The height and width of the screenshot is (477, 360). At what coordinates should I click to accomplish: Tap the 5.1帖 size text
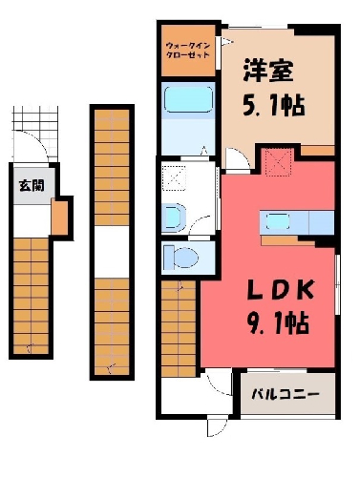click(274, 105)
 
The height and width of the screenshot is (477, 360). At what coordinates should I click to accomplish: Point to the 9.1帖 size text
click(278, 323)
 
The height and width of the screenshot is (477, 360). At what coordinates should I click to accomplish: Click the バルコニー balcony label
click(286, 395)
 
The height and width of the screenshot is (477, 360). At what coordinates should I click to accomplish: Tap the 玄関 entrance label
click(32, 185)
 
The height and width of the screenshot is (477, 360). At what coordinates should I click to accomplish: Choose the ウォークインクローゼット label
click(188, 50)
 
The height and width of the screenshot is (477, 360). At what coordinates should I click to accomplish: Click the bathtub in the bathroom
click(188, 99)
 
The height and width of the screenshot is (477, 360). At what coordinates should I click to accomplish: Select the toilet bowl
click(181, 257)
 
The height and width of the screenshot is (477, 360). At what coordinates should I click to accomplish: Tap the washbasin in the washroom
click(174, 217)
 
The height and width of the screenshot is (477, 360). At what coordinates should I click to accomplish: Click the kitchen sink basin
click(278, 221)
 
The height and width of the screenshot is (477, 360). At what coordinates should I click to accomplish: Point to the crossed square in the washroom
click(174, 177)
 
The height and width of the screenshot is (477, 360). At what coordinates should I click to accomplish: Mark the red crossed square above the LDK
click(279, 162)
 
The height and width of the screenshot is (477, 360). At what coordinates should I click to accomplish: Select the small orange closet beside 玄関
click(59, 218)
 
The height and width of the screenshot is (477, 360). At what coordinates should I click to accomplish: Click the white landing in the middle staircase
click(112, 252)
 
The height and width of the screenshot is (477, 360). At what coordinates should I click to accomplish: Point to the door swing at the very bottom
click(218, 428)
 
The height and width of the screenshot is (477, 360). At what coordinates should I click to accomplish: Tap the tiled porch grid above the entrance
click(35, 118)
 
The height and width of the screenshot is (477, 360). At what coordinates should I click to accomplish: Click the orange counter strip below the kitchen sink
click(287, 240)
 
